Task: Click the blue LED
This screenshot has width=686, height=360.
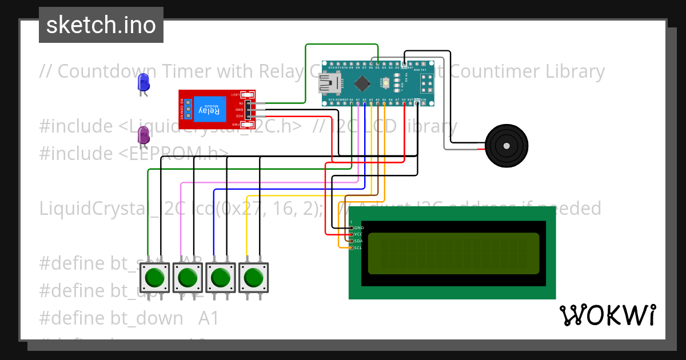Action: click(x=143, y=82)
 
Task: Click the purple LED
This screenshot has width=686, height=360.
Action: click(x=143, y=135)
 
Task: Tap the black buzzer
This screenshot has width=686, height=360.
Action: click(x=506, y=146)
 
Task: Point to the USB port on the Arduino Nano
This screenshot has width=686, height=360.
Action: click(x=330, y=85)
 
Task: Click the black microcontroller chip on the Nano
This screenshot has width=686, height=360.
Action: click(x=362, y=84)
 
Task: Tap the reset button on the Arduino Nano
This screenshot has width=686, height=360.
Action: click(x=387, y=84)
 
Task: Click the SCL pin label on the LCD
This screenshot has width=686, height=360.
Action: click(x=358, y=247)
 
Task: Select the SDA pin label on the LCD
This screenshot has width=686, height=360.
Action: click(x=358, y=241)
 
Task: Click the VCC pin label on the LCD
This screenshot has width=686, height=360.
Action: click(x=358, y=234)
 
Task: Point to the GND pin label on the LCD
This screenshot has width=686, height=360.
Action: click(x=358, y=227)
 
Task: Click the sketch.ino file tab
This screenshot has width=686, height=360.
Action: click(x=101, y=25)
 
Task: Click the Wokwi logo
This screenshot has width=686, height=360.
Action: click(x=607, y=315)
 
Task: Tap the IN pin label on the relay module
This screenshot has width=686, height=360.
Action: click(x=241, y=103)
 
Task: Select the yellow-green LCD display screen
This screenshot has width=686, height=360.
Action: click(x=453, y=253)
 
